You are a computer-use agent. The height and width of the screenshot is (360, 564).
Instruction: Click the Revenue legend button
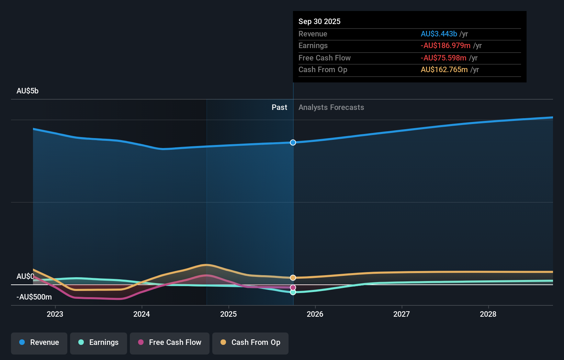coord(39,342)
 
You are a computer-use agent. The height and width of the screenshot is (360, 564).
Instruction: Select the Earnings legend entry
coord(99,342)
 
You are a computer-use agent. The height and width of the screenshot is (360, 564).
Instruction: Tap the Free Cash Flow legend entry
coord(170,342)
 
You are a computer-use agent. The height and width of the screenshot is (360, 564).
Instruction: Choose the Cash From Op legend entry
coord(250,342)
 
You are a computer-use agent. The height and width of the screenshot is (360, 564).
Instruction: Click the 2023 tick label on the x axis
coord(55,314)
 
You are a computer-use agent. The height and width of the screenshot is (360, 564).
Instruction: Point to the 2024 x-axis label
coord(142,314)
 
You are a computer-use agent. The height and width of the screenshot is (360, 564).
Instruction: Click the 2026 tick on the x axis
coord(315,314)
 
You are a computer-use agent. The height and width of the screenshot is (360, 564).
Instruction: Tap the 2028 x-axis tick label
coord(488,314)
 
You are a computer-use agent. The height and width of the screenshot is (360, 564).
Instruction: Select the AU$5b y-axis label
coord(27,91)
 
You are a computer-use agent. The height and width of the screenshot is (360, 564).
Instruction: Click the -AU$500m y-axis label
coord(34,297)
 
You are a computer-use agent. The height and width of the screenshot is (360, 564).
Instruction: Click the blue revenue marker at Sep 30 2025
coord(293,143)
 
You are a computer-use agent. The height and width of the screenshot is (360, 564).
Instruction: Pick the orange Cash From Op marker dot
coord(293,278)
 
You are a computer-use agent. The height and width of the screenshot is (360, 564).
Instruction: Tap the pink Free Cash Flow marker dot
coord(293,288)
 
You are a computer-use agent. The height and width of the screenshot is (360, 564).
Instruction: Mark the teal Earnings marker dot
coord(293,292)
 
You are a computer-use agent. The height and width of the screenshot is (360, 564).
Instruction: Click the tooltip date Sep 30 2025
coord(319,21)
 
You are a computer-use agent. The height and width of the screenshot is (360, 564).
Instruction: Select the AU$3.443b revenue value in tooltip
coord(439,34)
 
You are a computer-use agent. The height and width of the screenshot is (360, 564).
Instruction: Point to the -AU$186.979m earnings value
coord(445,45)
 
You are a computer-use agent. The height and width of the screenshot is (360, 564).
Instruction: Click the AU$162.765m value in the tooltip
coord(444,69)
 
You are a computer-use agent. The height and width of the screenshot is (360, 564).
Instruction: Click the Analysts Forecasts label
coord(331,107)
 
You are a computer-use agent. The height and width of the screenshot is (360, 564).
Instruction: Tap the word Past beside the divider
coord(279,107)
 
